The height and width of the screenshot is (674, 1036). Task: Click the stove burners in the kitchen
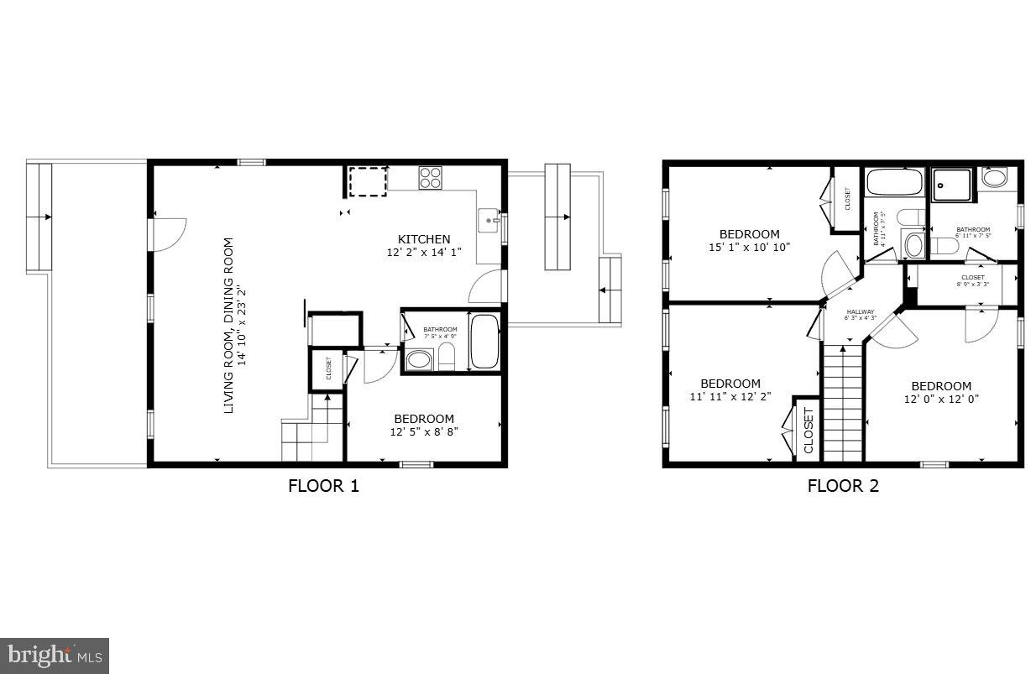[x=431, y=177]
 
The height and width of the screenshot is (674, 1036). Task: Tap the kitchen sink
[x=489, y=221]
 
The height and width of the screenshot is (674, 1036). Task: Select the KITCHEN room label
[x=424, y=239]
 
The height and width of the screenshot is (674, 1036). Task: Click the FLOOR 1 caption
[x=323, y=485]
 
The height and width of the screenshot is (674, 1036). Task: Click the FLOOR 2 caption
[x=843, y=485]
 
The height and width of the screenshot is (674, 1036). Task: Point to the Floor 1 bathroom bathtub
[x=484, y=341]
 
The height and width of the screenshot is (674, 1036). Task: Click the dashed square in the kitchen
[x=368, y=181]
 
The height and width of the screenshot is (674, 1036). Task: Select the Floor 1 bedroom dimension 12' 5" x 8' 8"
[x=424, y=432]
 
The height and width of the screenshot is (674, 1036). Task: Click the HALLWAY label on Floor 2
[x=861, y=311]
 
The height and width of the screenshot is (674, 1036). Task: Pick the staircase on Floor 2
[x=842, y=403]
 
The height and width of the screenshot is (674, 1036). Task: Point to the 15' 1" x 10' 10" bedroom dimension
[x=749, y=247]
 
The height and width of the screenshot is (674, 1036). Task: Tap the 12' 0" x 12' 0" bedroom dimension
[x=942, y=399]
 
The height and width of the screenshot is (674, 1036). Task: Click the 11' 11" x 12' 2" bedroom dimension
[x=730, y=396]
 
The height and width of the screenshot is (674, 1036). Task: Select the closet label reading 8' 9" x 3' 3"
[x=973, y=284]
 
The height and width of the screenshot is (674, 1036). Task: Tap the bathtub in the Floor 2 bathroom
[x=893, y=182]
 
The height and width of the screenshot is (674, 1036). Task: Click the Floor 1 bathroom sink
[x=418, y=360]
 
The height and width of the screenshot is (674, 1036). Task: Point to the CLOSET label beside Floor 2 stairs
[x=808, y=431]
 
